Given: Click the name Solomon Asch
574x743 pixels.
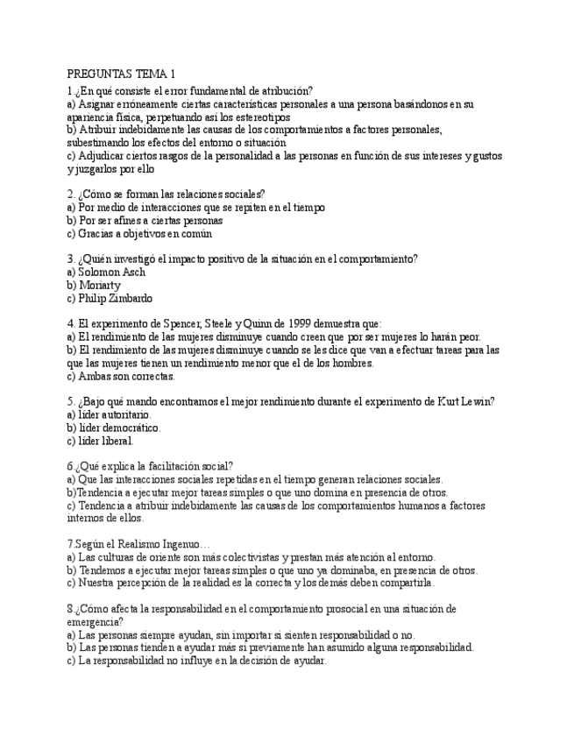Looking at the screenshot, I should click(111, 272).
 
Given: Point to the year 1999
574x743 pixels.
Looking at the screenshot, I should click(299, 323).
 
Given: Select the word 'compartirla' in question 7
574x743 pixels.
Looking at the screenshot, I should click(405, 583).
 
